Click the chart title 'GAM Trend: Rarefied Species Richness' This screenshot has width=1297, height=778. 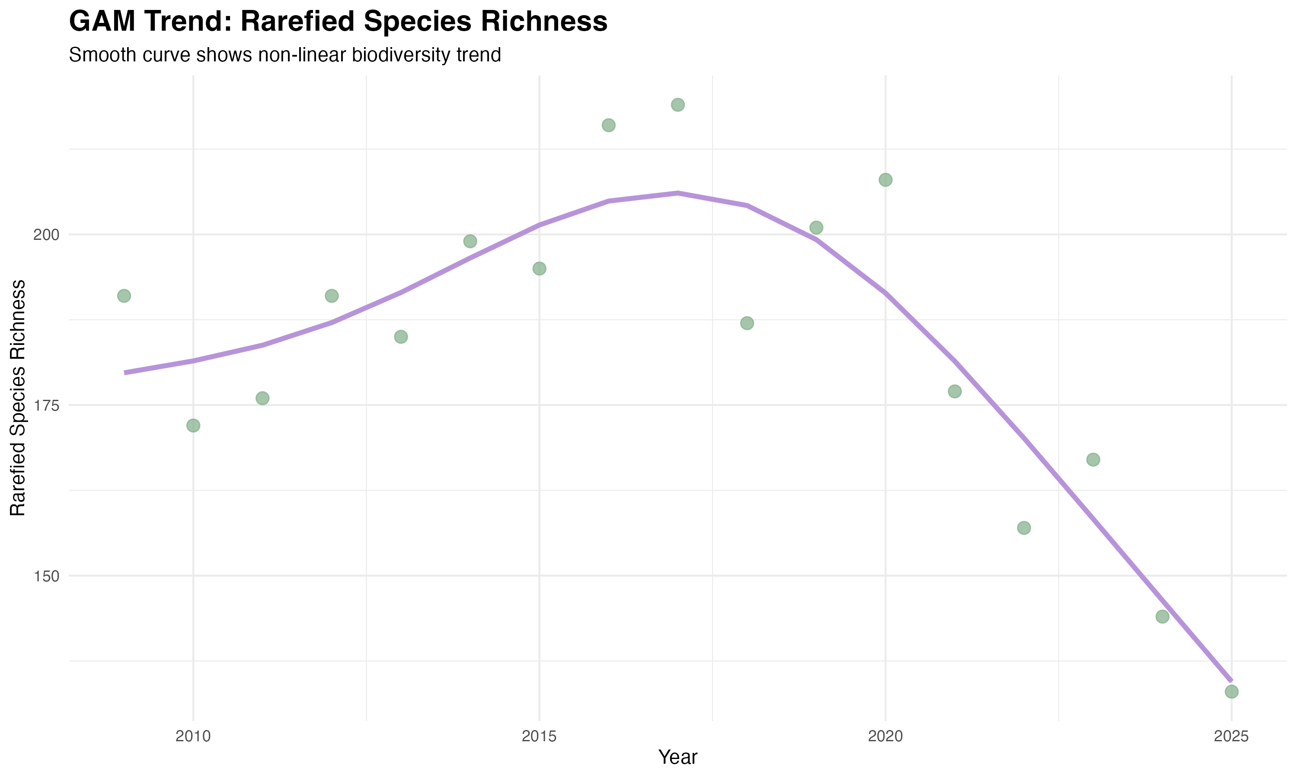(338, 22)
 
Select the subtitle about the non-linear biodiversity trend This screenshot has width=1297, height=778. (284, 55)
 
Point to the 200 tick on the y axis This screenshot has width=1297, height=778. (47, 234)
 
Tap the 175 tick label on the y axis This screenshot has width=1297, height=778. (47, 405)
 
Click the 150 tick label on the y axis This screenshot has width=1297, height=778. (47, 576)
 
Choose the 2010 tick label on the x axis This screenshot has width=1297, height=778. (193, 737)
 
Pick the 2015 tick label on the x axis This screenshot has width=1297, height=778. (539, 737)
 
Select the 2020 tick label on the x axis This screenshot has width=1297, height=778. (885, 737)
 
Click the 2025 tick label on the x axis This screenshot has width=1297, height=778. (1231, 737)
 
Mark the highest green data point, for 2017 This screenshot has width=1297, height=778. (678, 105)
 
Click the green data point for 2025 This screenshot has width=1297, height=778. (1231, 692)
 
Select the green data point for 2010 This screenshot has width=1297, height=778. (193, 425)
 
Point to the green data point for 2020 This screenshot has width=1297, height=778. (885, 180)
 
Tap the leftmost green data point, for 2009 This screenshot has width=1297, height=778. (124, 296)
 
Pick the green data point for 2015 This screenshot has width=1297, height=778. (540, 268)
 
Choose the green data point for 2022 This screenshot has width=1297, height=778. (1024, 528)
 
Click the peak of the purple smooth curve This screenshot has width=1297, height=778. (678, 193)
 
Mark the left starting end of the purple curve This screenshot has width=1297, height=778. (125, 373)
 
